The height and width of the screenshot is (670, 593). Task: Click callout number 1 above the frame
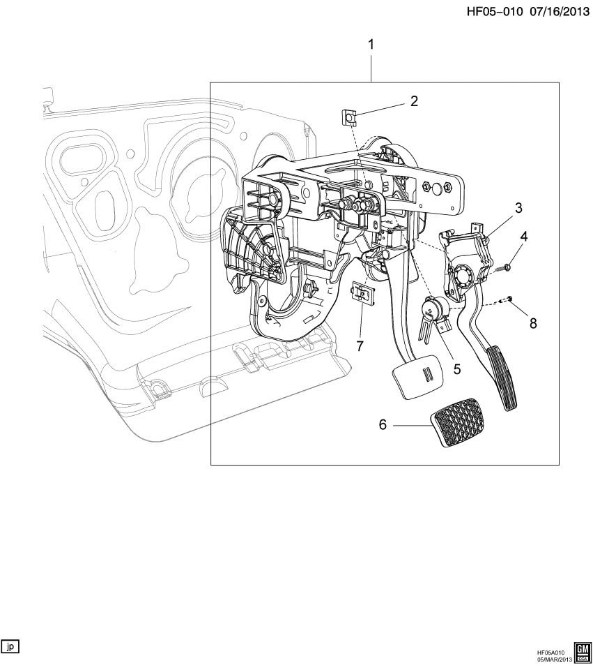tap(371, 45)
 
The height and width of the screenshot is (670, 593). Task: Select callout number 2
tap(413, 101)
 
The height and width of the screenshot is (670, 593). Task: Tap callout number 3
tap(518, 208)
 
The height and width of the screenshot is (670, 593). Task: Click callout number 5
tap(456, 368)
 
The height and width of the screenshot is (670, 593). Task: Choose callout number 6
tap(383, 424)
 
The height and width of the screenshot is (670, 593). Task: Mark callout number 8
tap(533, 323)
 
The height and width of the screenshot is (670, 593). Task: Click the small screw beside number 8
tap(509, 299)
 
